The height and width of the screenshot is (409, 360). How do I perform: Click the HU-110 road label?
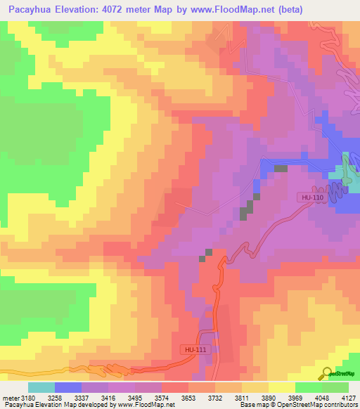(x=312, y=197)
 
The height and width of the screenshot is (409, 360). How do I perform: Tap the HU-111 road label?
(x=193, y=349)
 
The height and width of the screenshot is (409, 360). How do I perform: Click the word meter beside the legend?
(x=9, y=397)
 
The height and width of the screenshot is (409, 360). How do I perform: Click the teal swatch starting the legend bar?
(x=41, y=387)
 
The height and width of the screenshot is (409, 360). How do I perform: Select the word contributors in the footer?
(x=340, y=405)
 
